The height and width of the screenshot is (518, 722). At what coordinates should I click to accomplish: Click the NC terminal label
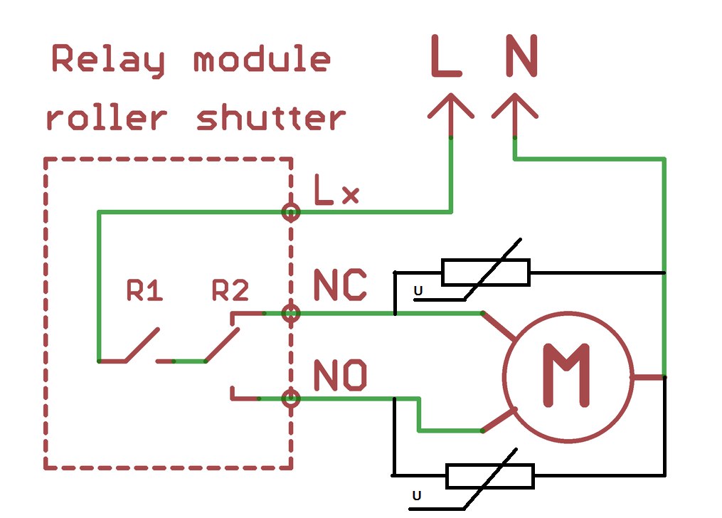(x=340, y=285)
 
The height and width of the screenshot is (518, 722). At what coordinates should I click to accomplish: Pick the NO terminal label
(x=340, y=375)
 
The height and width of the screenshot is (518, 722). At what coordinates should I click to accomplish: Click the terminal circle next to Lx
(x=290, y=212)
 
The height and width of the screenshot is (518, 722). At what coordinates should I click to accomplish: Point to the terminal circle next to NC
(x=290, y=313)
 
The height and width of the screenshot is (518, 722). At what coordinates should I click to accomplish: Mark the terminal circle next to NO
(x=290, y=398)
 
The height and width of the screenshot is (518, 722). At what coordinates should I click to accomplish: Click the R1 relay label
(x=144, y=290)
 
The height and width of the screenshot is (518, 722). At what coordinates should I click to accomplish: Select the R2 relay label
(x=230, y=290)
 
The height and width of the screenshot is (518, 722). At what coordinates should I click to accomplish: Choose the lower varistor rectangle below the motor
(x=490, y=476)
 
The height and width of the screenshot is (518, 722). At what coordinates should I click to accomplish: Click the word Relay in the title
(x=108, y=61)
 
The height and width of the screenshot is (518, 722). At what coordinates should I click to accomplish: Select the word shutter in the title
(x=271, y=118)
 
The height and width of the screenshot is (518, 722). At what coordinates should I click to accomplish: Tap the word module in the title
(x=262, y=60)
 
